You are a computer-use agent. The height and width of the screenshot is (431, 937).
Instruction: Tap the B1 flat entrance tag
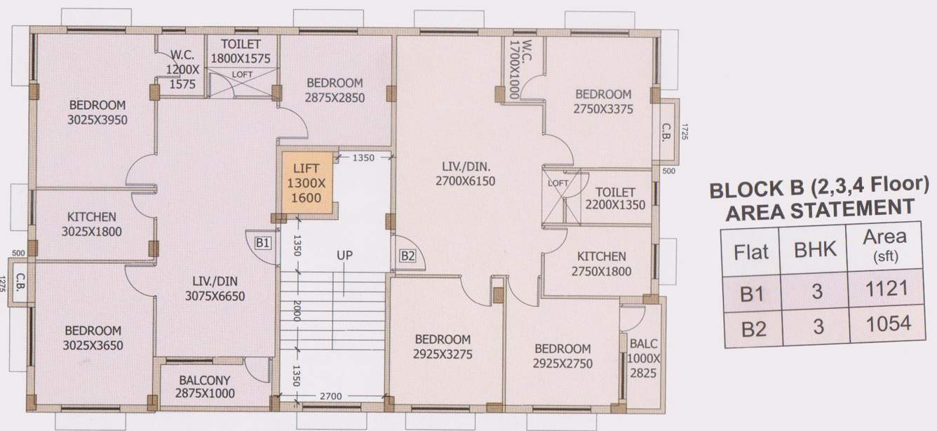263,243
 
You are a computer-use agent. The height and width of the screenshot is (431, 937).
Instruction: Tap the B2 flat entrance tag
407,256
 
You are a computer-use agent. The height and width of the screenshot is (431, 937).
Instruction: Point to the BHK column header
816,250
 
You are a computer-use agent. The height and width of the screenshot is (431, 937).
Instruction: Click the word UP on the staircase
344,255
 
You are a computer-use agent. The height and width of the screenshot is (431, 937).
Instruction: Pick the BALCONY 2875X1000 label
205,386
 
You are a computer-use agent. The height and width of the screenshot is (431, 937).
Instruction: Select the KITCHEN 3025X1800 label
92,224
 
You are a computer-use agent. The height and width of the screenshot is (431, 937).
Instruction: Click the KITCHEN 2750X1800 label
601,264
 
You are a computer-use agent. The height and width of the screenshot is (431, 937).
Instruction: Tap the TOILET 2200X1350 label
615,199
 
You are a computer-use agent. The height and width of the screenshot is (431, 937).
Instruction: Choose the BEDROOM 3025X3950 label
97,112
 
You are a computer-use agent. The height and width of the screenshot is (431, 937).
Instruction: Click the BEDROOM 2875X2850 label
335,90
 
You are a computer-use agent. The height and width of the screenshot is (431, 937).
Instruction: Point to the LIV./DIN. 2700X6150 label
465,174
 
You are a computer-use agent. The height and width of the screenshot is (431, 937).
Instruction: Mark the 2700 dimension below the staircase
330,397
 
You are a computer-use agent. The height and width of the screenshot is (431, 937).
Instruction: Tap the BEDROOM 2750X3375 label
603,101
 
